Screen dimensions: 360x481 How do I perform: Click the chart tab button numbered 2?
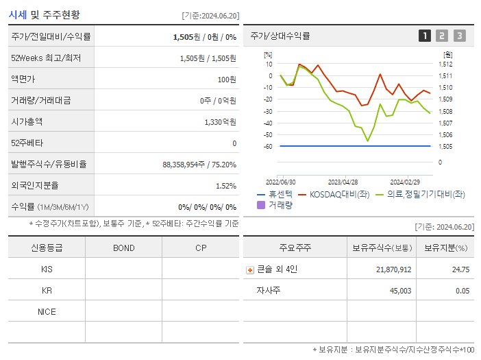[x=442, y=36]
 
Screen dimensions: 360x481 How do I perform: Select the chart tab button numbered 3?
[x=459, y=36]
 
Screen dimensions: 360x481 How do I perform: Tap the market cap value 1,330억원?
[x=220, y=121]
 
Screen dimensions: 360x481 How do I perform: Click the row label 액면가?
[x=25, y=79]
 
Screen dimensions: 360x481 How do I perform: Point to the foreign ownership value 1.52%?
[x=225, y=185]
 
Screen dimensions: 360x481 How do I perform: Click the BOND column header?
[x=123, y=248]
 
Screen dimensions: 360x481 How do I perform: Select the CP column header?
[x=200, y=248]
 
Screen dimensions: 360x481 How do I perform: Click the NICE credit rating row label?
[x=47, y=311]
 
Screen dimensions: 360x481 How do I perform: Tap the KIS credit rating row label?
[x=47, y=269]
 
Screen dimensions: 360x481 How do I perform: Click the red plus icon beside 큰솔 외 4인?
[x=250, y=269]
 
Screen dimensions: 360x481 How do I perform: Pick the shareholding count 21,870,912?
[x=393, y=269]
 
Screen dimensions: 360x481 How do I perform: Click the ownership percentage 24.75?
[x=460, y=269]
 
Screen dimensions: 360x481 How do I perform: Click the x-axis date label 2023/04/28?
[x=343, y=182]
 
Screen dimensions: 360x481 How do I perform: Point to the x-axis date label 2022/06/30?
[x=280, y=182]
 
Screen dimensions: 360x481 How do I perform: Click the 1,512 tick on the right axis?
[x=445, y=64]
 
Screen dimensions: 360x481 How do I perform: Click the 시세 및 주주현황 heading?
[x=44, y=14]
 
